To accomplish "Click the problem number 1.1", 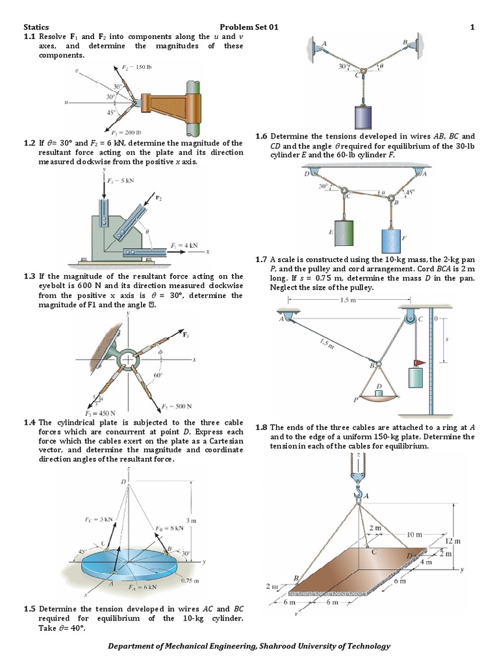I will (30, 36).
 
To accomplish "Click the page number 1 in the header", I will (472, 27).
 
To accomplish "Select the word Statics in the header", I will (36, 27).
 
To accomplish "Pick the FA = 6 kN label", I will (142, 587).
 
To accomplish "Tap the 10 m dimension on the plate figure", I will (414, 534).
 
